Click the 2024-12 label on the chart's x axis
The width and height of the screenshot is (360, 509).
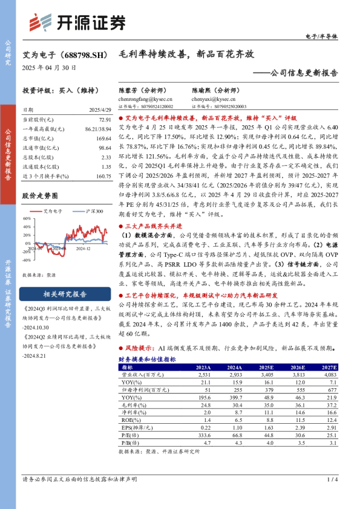(82, 248)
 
